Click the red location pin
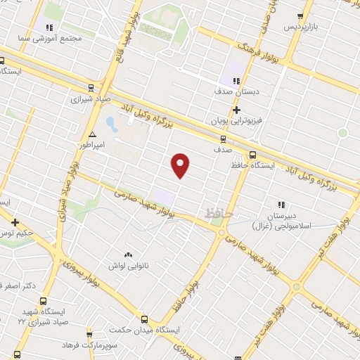coord(181,165)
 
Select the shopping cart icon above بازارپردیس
coord(300,15)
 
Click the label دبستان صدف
coord(236,92)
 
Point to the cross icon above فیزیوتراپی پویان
coord(236,110)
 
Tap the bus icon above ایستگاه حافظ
coord(252,155)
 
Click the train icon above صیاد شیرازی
coord(91,88)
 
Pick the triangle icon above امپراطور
coord(92,134)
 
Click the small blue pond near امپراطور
coord(111,124)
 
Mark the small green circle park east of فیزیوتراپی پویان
coord(342,133)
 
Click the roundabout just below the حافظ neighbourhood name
coord(220,232)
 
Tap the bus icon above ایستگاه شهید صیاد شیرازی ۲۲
coord(16,300)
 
